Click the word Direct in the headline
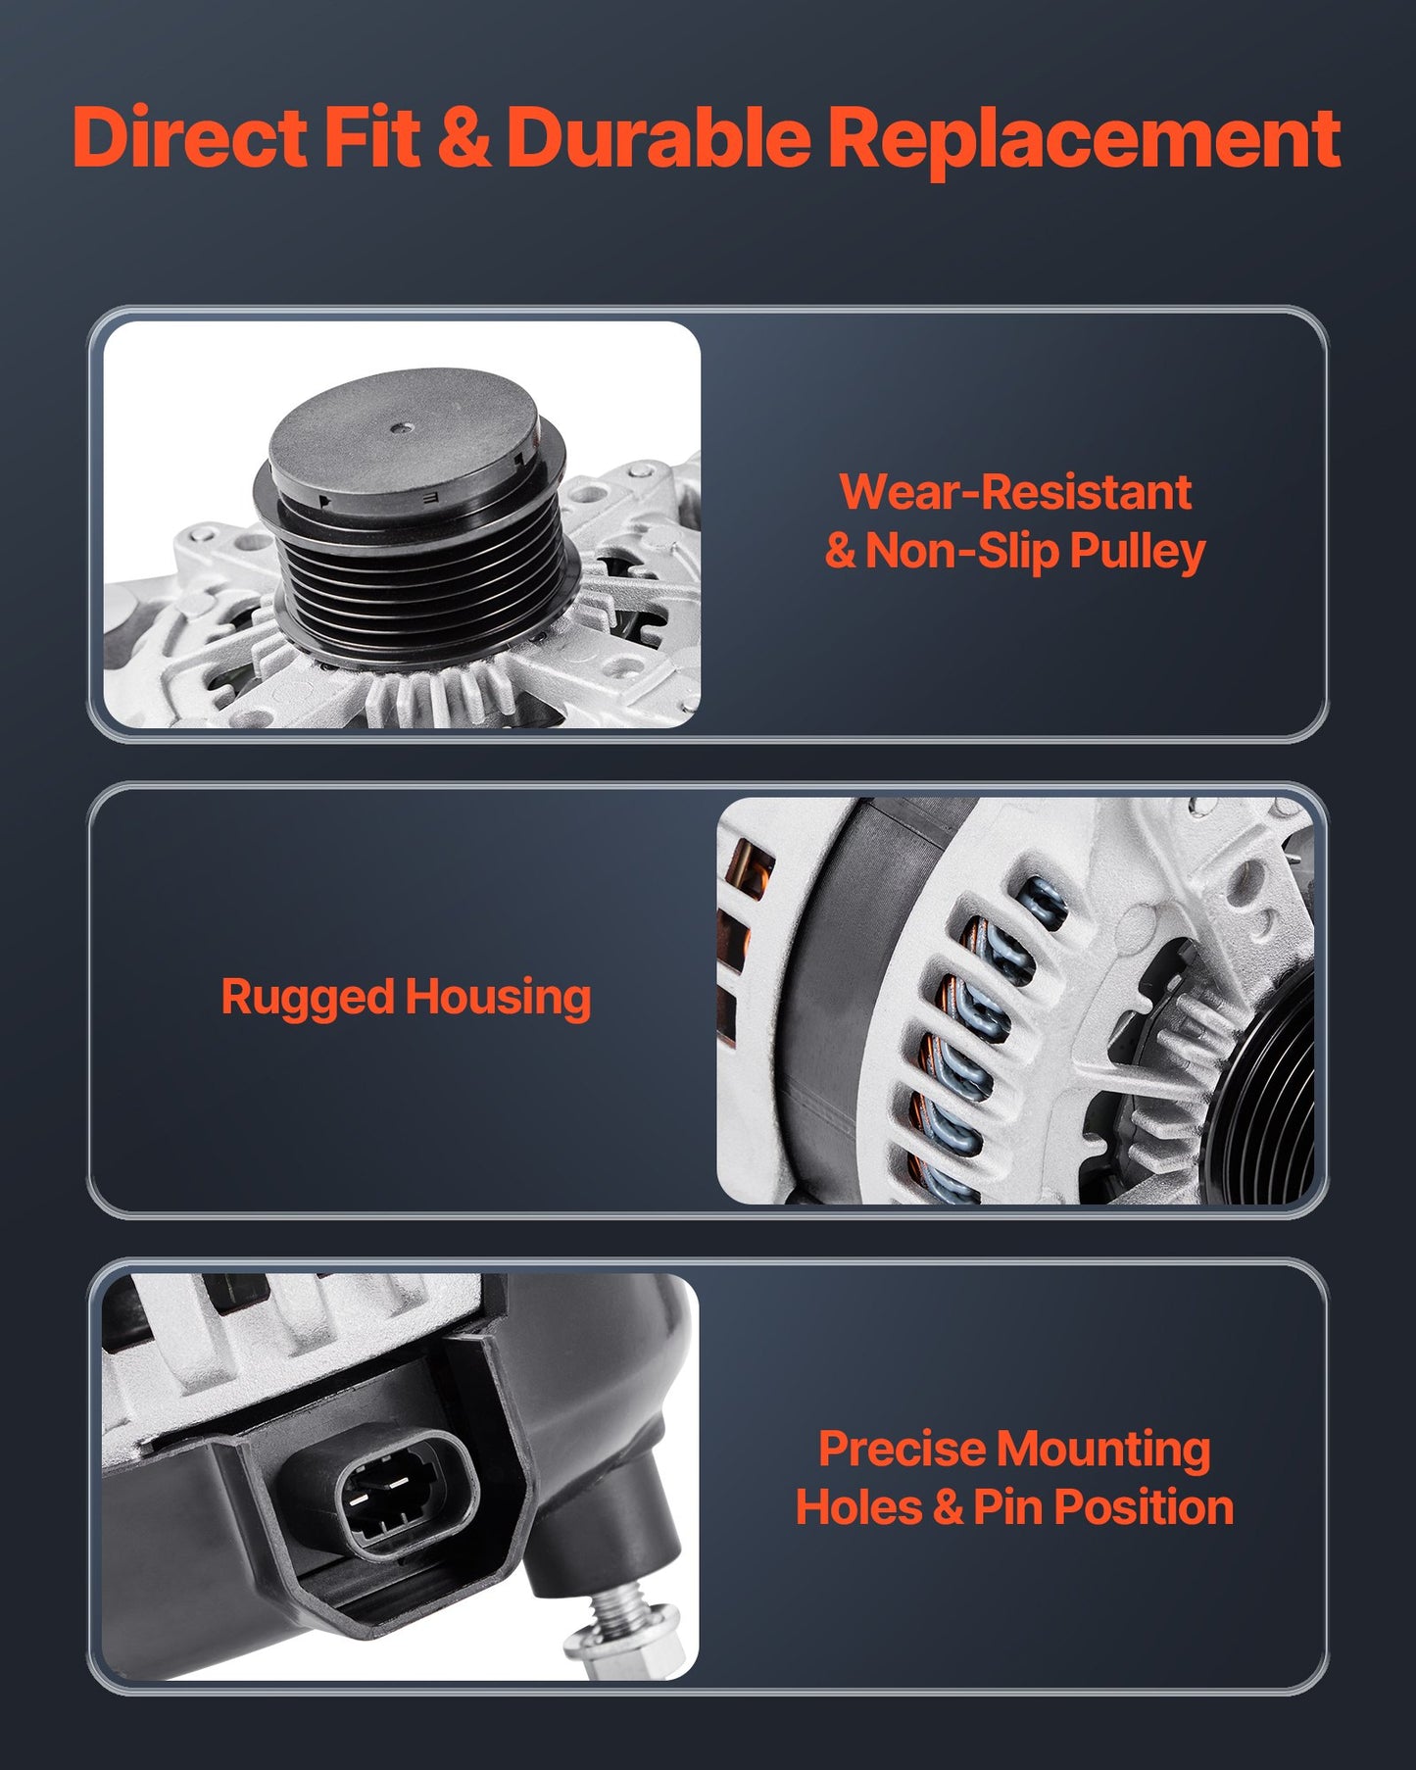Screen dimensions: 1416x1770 point(190,136)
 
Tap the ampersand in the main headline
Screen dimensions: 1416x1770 point(464,137)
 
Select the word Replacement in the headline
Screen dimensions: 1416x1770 point(1085,138)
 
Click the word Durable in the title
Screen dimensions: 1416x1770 point(659,136)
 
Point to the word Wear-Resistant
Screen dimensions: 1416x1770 point(1015,491)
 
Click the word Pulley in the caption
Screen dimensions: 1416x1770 point(1137,552)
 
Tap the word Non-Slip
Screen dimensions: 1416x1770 point(961,552)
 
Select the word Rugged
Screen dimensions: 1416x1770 point(308,999)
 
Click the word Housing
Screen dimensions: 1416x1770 point(498,999)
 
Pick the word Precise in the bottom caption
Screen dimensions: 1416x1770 point(903,1449)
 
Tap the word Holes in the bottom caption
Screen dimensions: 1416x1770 point(859,1507)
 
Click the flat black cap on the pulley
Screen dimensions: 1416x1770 point(404,431)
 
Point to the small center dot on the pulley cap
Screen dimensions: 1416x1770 point(403,428)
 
